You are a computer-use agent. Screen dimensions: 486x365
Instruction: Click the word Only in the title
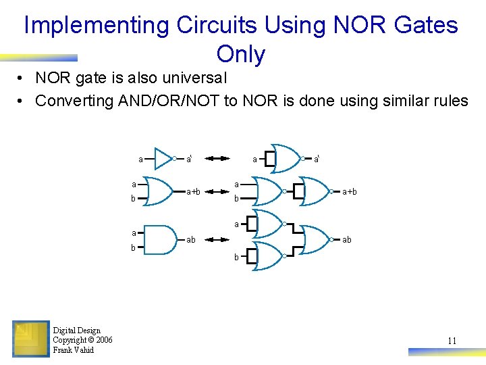pyautogui.click(x=241, y=54)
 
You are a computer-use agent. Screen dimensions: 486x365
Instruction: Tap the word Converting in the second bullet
pyautogui.click(x=74, y=101)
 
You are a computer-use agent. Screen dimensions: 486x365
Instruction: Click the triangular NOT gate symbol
pyautogui.click(x=164, y=159)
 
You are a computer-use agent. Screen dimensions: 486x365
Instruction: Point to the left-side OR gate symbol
pyautogui.click(x=160, y=191)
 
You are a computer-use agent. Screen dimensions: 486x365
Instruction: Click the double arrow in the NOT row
pyautogui.click(x=217, y=159)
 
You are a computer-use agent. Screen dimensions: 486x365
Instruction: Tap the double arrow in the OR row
pyautogui.click(x=217, y=192)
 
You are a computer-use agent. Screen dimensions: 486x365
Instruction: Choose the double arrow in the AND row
pyautogui.click(x=217, y=239)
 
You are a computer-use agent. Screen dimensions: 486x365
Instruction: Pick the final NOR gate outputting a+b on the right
pyautogui.click(x=313, y=191)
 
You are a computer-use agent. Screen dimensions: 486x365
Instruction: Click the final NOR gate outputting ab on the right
pyautogui.click(x=313, y=239)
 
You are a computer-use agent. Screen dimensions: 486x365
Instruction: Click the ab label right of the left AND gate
pyautogui.click(x=191, y=240)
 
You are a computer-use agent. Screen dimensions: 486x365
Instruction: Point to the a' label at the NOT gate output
pyautogui.click(x=190, y=160)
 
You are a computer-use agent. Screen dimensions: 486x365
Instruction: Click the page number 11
pyautogui.click(x=452, y=341)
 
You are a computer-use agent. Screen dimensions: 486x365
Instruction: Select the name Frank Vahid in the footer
pyautogui.click(x=73, y=350)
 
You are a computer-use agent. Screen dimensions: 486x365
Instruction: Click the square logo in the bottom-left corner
pyautogui.click(x=30, y=338)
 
